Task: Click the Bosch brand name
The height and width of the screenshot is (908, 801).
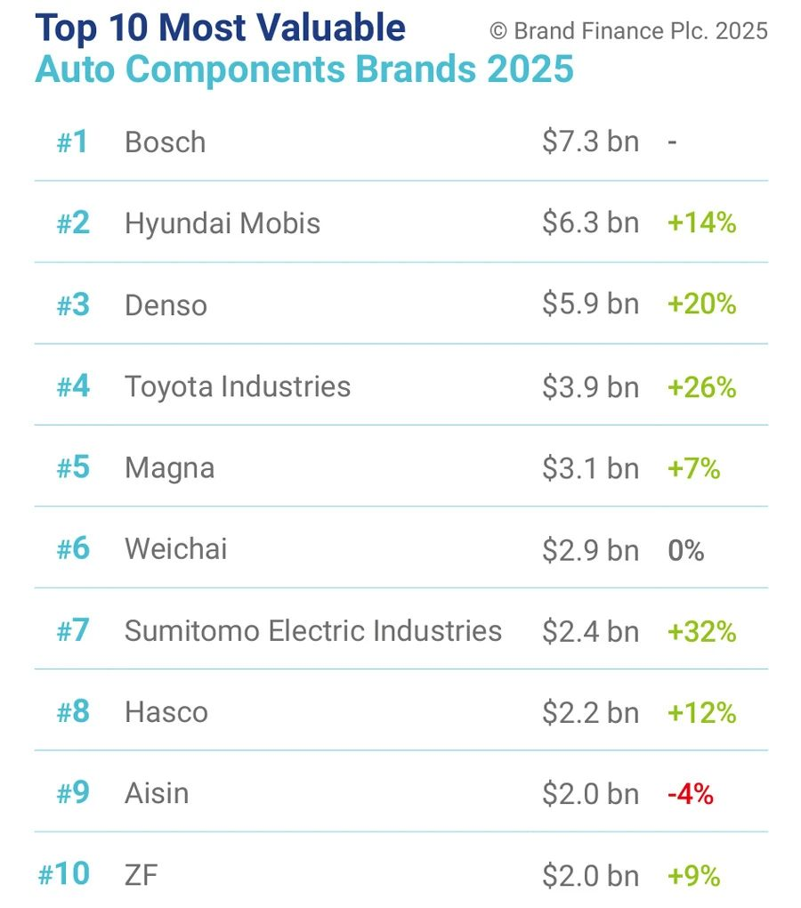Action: tap(165, 142)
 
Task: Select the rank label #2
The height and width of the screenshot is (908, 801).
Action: tap(73, 223)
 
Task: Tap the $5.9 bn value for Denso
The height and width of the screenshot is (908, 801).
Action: tap(590, 304)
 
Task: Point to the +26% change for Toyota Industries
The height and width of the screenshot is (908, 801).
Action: tap(701, 387)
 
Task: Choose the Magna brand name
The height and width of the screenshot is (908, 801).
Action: tap(169, 468)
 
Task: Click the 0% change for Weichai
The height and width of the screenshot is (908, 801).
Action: tap(685, 551)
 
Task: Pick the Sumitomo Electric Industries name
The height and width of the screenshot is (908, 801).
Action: tap(313, 631)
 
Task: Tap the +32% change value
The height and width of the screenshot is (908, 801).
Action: tap(701, 632)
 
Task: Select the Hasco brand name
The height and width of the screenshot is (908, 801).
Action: tap(166, 712)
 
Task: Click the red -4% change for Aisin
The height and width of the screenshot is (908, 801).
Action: tap(690, 794)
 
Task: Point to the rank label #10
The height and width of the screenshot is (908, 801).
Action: tap(64, 874)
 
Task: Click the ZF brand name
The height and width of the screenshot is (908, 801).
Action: tap(141, 876)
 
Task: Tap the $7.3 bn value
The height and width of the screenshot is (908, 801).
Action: tap(590, 142)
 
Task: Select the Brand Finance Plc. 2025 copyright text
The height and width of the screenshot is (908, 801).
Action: tap(628, 31)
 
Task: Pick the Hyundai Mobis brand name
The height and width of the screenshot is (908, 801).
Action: tap(222, 223)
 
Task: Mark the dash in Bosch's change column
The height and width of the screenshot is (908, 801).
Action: tap(672, 142)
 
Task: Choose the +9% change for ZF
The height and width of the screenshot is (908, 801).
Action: tap(692, 876)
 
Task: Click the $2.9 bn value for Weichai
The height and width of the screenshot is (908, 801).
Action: tap(590, 551)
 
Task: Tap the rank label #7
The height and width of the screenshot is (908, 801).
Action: tap(73, 631)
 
